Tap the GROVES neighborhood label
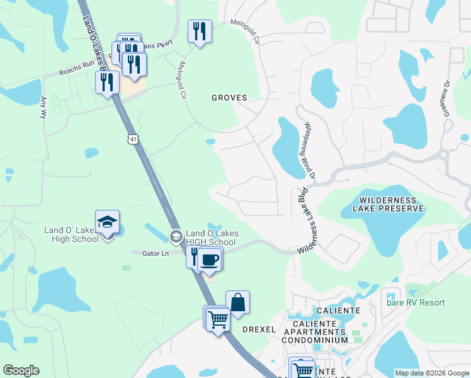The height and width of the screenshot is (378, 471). tap(229, 98)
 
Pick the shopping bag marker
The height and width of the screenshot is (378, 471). tap(238, 302)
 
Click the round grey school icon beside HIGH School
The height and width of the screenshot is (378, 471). tap(176, 237)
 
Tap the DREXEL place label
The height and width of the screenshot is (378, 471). tap(259, 329)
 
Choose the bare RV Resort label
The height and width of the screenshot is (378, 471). tap(417, 303)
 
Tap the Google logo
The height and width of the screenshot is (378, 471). tap(21, 370)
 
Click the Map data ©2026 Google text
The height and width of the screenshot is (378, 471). tap(431, 373)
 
